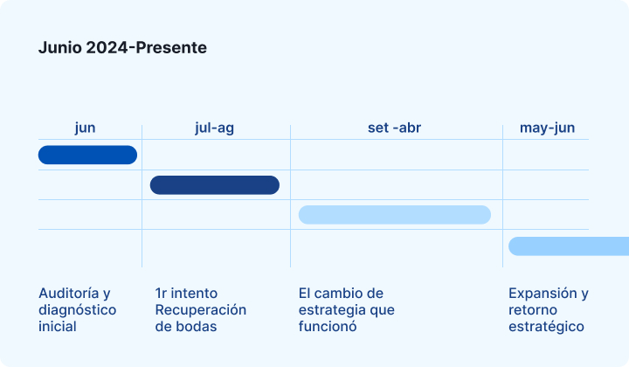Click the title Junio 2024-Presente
click(122, 48)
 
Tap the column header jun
click(85, 128)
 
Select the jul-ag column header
click(214, 128)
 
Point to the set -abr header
click(394, 128)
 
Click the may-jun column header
click(547, 128)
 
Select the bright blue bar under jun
click(88, 155)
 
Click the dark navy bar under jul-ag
click(215, 185)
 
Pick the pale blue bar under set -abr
click(395, 215)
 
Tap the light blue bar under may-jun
click(569, 246)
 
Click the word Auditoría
click(69, 294)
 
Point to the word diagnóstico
click(78, 310)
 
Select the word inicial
click(58, 327)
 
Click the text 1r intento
click(186, 294)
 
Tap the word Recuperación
click(201, 310)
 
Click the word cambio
click(343, 294)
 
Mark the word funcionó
click(328, 327)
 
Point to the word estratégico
click(546, 327)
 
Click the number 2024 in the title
click(107, 48)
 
